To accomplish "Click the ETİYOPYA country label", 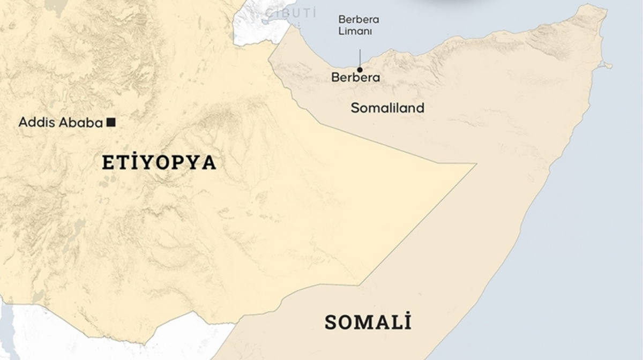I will pyautogui.click(x=159, y=162).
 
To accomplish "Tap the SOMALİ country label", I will pyautogui.click(x=368, y=322).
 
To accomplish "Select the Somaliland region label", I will pyautogui.click(x=387, y=108).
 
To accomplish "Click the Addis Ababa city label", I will pyautogui.click(x=61, y=123).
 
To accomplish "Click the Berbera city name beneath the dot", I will pyautogui.click(x=355, y=78).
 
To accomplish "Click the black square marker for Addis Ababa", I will pyautogui.click(x=111, y=122).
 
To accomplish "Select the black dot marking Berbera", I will pyautogui.click(x=360, y=69).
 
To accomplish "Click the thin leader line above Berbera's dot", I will pyautogui.click(x=360, y=57).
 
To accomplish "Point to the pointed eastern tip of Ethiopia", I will pyautogui.click(x=475, y=164).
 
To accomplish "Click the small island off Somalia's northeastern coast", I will pyautogui.click(x=608, y=66).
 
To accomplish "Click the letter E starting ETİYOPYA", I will pyautogui.click(x=108, y=162).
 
